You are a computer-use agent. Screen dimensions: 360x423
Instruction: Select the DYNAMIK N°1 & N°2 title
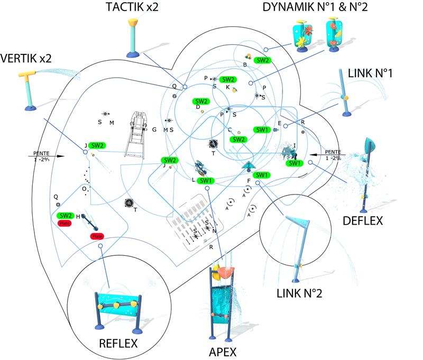pos(316,7)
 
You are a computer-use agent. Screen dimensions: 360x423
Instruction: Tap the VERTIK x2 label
pos(26,58)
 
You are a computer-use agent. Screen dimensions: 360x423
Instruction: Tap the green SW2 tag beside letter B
pos(263,60)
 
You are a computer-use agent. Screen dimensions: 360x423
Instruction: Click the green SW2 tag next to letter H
pos(66,216)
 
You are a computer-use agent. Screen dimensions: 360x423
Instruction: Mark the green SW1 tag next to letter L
pos(206,181)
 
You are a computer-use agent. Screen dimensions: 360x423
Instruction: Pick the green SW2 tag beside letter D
pos(201,101)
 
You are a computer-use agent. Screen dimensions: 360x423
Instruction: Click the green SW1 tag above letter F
pos(261,175)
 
